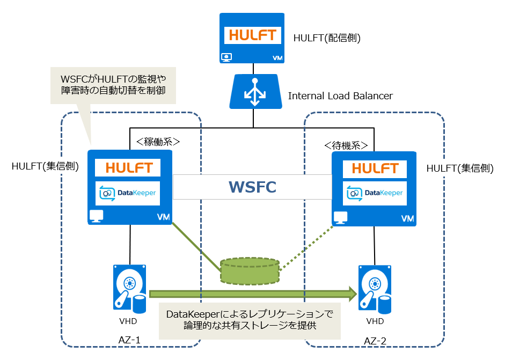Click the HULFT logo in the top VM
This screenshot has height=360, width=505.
[x=252, y=35]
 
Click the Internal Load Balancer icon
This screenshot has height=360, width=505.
[x=252, y=92]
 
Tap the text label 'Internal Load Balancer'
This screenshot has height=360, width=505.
[x=340, y=96]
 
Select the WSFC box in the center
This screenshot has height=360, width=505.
[x=252, y=187]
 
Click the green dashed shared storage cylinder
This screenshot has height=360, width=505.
[x=250, y=270]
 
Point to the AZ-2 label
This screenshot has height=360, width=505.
[x=375, y=341]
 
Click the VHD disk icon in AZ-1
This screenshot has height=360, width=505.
[x=129, y=288]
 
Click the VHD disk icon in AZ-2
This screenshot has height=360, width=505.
[x=374, y=288]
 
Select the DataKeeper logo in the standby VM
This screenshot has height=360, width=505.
[x=374, y=193]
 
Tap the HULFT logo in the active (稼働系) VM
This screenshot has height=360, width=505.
[x=128, y=167]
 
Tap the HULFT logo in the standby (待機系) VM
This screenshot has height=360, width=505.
[x=374, y=167]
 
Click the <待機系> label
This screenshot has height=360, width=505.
[x=346, y=145]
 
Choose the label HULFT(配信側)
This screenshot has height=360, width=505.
[x=326, y=38]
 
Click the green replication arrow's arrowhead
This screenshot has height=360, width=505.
[x=352, y=293]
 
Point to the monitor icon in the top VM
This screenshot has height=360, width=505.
[x=226, y=56]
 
